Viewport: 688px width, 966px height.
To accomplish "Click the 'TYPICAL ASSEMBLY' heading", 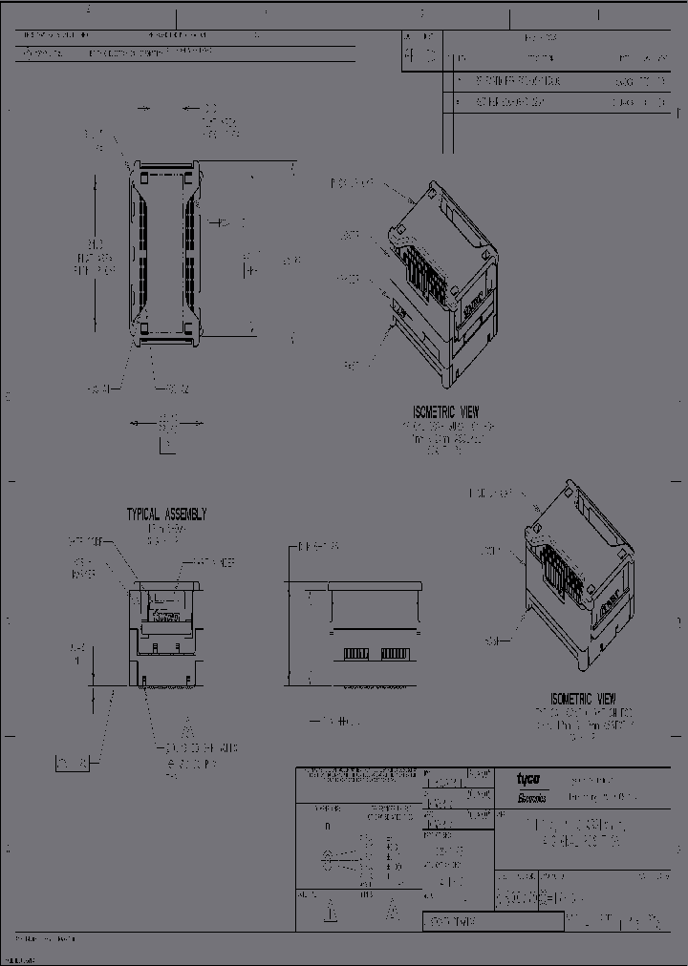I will pyautogui.click(x=166, y=514).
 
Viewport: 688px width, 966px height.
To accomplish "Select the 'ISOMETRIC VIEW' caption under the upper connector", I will pyautogui.click(x=445, y=411).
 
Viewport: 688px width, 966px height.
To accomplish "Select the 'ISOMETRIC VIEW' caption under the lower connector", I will pyautogui.click(x=583, y=699).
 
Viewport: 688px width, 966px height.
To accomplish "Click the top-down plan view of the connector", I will pyautogui.click(x=167, y=253).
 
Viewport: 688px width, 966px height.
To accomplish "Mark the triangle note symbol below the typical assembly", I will pyautogui.click(x=188, y=725).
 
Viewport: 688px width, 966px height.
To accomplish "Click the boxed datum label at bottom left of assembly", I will pyautogui.click(x=73, y=763).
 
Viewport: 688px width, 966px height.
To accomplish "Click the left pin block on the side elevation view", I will pyautogui.click(x=355, y=654).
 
